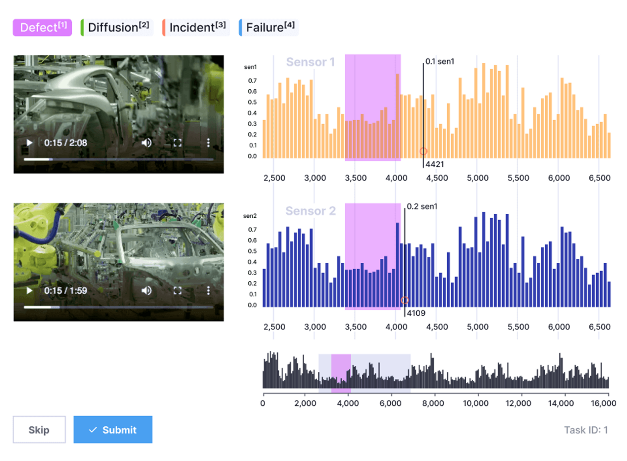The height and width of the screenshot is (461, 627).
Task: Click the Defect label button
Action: [42, 28]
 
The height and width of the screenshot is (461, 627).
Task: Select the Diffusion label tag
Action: [117, 28]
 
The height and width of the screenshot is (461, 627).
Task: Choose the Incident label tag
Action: [196, 28]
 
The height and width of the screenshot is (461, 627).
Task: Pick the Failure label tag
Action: [269, 28]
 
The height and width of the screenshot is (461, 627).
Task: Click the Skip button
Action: [39, 429]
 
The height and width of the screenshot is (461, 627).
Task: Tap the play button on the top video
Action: [29, 143]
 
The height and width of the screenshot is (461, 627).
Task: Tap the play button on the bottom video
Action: [29, 290]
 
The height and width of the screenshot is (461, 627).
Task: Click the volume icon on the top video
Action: [147, 143]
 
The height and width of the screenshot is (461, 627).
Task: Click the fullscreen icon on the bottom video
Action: [178, 290]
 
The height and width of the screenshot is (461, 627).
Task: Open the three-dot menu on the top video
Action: [208, 143]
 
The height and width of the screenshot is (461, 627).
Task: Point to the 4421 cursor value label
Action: [435, 164]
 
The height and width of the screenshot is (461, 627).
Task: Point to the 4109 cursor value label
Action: [416, 313]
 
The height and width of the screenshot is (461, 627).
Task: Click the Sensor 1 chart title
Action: [310, 62]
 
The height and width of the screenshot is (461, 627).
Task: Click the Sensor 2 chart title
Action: [310, 211]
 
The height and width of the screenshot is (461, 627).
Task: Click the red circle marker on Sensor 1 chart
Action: [423, 151]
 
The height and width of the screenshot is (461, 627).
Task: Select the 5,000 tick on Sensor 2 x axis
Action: [477, 327]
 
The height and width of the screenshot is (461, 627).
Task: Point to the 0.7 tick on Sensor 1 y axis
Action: [252, 81]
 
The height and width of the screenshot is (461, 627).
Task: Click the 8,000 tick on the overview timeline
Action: [433, 403]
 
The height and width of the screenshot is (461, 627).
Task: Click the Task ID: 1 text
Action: [586, 430]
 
